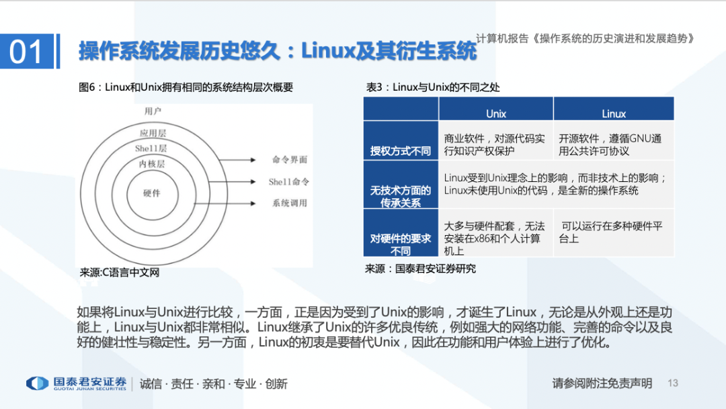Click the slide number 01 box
[x=27, y=51]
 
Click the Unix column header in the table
[x=496, y=113]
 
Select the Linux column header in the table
[x=614, y=113]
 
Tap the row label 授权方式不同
[x=401, y=151]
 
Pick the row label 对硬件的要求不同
[x=401, y=244]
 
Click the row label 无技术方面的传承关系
[x=401, y=197]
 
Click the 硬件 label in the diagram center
[x=152, y=193]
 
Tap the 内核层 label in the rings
[x=152, y=163]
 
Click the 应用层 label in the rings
[x=153, y=133]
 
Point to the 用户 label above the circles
[x=153, y=111]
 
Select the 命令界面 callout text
[x=290, y=160]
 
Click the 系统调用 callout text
[x=290, y=203]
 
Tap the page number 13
[x=673, y=383]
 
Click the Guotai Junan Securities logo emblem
[x=37, y=383]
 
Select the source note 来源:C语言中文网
[x=120, y=273]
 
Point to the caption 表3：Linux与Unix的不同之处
[x=432, y=87]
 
